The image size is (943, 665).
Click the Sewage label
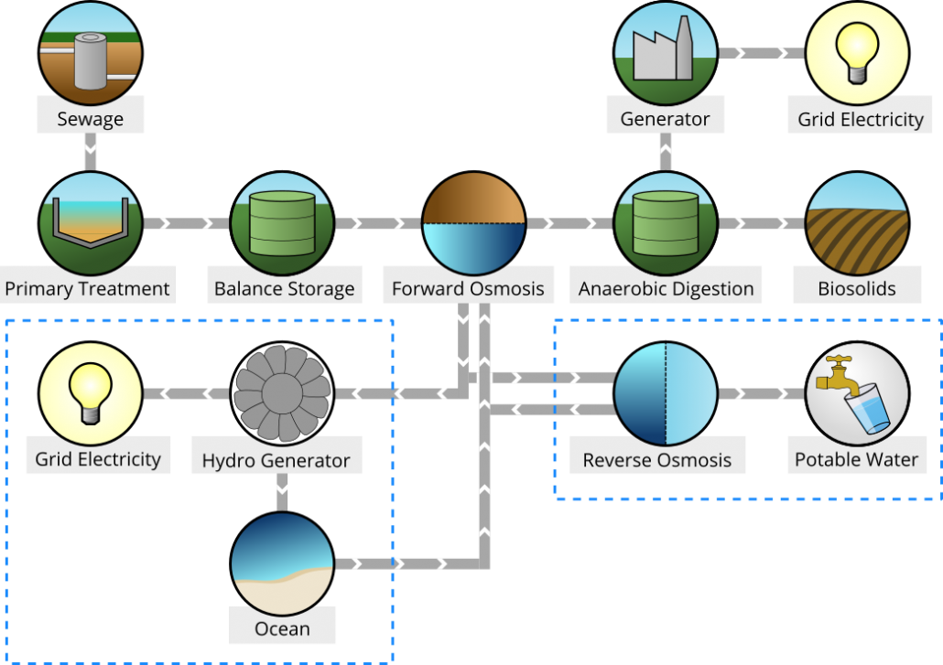pos(90,119)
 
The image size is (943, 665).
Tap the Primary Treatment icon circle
pos(90,223)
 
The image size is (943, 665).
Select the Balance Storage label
pos(284,289)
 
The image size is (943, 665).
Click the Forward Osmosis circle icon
pos(473,223)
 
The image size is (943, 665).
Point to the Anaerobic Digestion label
pos(666,289)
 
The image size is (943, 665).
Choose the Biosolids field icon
pos(857,223)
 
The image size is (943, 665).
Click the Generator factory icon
pos(666,53)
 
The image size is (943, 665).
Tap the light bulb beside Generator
pos(857,53)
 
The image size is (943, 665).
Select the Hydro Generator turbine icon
pos(282,393)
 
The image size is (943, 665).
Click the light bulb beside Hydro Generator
pos(90,393)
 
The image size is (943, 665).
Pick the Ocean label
pos(282,628)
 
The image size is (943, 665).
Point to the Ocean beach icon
pos(282,563)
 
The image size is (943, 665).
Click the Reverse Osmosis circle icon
pos(666,393)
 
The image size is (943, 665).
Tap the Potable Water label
pos(856,459)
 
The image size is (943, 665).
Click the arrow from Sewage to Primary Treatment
pos(90,152)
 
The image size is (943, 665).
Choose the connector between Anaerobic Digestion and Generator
pos(666,152)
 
